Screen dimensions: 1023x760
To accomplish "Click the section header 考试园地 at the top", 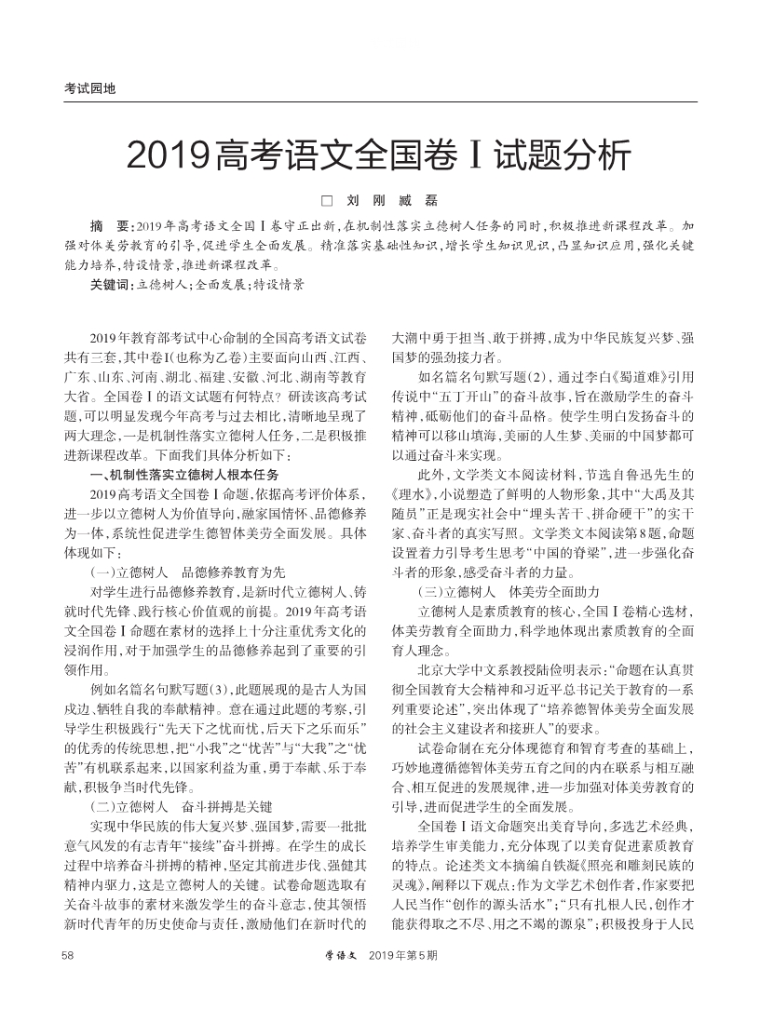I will (89, 89).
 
